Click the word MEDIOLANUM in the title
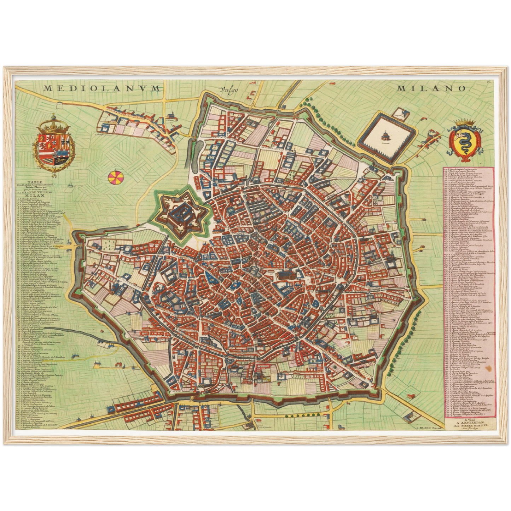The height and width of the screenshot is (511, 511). click(x=103, y=88)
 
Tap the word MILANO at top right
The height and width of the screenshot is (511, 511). click(x=430, y=88)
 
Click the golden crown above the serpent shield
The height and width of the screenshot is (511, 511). click(x=465, y=123)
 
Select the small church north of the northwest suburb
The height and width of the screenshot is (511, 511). click(x=171, y=115)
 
